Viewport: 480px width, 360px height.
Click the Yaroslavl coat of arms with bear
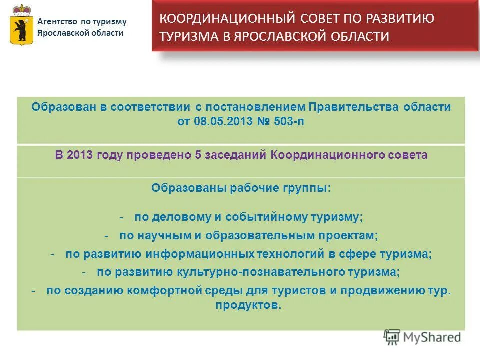point(21,26)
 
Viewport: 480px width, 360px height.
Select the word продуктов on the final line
point(248,305)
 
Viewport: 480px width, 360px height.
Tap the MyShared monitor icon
point(392,337)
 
